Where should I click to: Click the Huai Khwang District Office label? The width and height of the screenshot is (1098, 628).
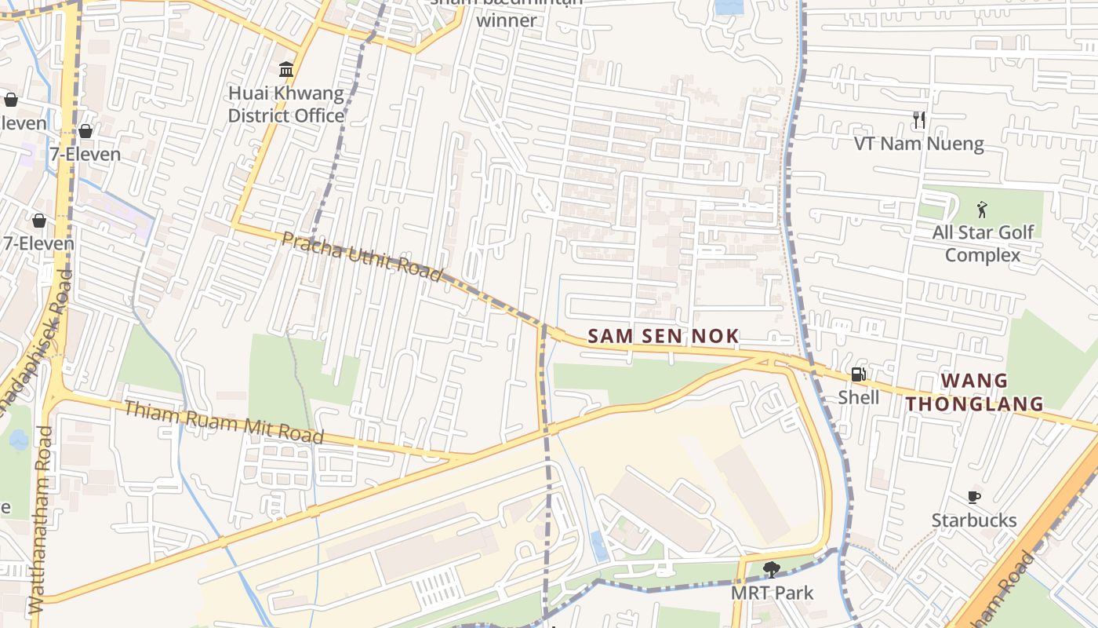pyautogui.click(x=285, y=104)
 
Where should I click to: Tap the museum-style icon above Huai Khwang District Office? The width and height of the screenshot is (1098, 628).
pyautogui.click(x=286, y=69)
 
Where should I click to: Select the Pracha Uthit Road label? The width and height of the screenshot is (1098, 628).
pyautogui.click(x=362, y=256)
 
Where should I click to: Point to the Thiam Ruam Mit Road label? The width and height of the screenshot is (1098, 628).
pyautogui.click(x=224, y=422)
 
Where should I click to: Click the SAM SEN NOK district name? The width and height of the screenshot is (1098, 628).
pyautogui.click(x=663, y=337)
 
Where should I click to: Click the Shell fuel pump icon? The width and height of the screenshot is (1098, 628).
pyautogui.click(x=859, y=374)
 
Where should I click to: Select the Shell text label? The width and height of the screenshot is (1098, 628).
pyautogui.click(x=859, y=397)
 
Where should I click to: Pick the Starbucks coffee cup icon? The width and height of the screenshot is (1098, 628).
pyautogui.click(x=973, y=497)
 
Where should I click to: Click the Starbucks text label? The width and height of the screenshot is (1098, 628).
pyautogui.click(x=973, y=520)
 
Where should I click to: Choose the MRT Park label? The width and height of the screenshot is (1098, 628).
pyautogui.click(x=772, y=593)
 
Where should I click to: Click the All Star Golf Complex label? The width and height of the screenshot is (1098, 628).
pyautogui.click(x=983, y=243)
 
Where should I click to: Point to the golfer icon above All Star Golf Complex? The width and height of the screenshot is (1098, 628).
pyautogui.click(x=982, y=210)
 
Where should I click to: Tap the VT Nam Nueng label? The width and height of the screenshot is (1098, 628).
pyautogui.click(x=918, y=144)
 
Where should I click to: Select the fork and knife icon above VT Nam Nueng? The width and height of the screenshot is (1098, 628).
pyautogui.click(x=919, y=120)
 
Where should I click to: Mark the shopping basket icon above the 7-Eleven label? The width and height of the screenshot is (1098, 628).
pyautogui.click(x=85, y=130)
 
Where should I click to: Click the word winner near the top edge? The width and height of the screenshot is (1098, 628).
pyautogui.click(x=507, y=20)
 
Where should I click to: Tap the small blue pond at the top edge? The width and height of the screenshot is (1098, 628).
pyautogui.click(x=729, y=7)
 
